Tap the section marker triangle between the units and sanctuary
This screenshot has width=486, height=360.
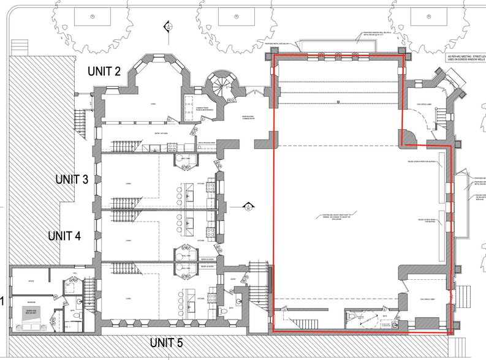point(249,206)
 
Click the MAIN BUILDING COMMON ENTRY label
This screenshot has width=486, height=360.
point(250,118)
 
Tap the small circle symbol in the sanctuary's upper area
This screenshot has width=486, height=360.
point(338,101)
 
